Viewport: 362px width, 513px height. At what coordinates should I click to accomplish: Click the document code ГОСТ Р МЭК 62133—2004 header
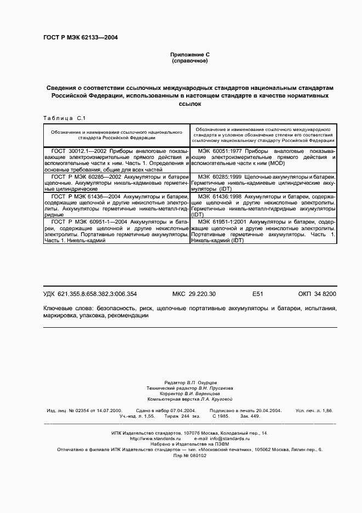coord(80,38)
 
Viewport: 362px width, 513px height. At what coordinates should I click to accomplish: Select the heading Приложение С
coord(189,55)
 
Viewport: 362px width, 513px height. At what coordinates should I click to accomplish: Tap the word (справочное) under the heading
coord(189,61)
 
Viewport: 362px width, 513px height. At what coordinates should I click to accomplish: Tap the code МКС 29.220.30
coord(194,294)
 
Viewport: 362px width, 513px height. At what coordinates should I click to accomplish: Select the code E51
coord(257,294)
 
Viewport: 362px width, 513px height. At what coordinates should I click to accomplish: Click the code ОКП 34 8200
coord(317,294)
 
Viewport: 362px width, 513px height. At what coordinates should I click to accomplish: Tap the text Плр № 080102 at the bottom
coord(189,455)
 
